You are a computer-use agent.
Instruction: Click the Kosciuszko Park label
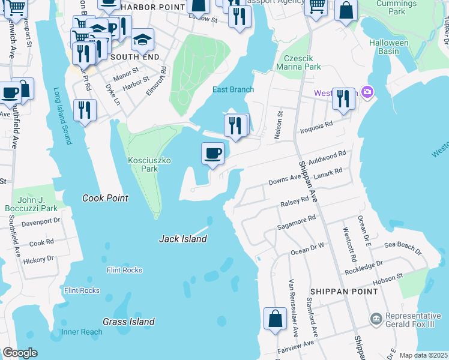(143, 164)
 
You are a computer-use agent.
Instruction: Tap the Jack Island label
(182, 239)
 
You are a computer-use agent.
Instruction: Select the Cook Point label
(105, 198)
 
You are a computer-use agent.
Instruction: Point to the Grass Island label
(128, 322)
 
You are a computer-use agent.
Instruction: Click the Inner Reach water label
(82, 332)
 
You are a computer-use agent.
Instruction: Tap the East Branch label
(233, 90)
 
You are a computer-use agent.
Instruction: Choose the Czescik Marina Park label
(303, 63)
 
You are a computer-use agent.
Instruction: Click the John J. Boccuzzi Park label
(37, 204)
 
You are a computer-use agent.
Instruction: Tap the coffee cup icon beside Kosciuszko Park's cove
(212, 154)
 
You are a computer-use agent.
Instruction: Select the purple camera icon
(367, 92)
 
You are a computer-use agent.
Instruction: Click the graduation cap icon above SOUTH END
(142, 40)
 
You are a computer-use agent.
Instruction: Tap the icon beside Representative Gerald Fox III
(375, 317)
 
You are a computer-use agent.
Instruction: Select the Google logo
(19, 353)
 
